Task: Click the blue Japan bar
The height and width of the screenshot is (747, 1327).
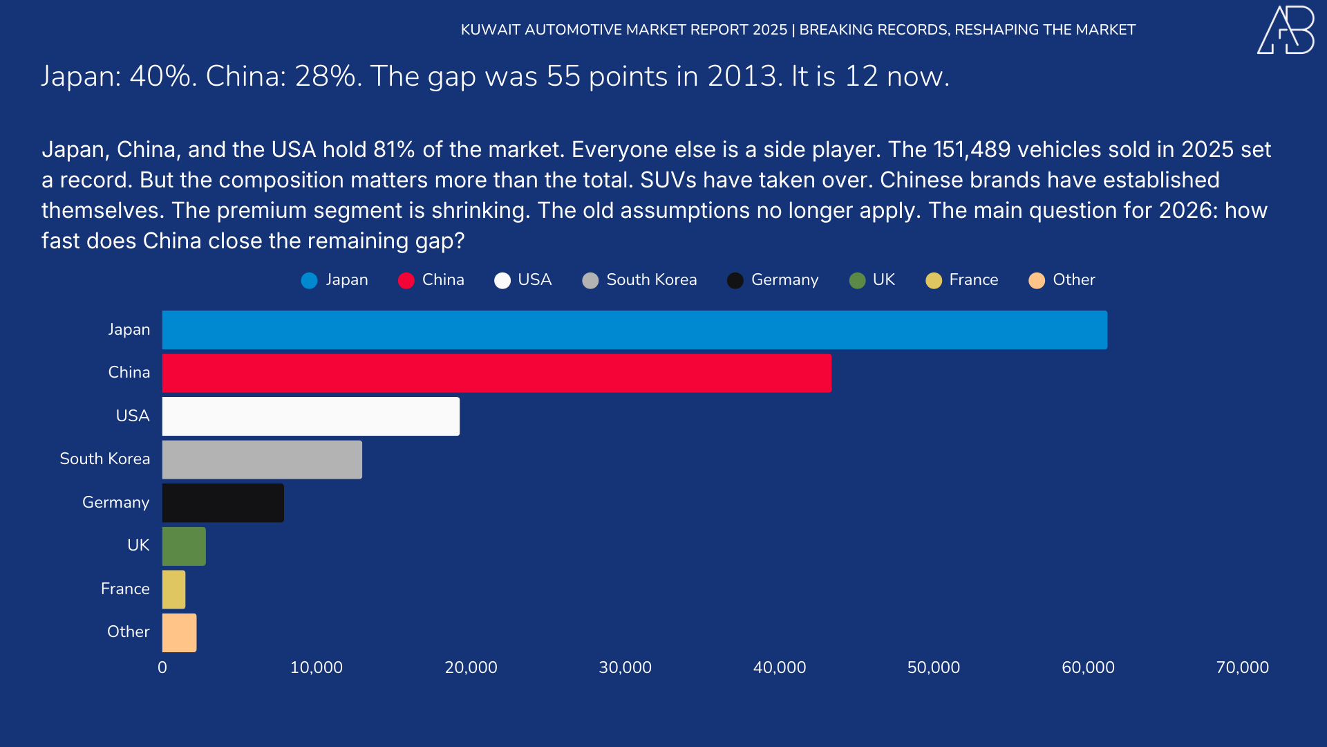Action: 634,330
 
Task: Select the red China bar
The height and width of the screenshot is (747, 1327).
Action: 496,373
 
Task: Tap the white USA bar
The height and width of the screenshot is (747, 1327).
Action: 310,416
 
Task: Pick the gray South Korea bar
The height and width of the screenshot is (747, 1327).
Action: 262,460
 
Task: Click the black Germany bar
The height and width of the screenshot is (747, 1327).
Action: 223,503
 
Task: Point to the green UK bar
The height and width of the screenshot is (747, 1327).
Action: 184,546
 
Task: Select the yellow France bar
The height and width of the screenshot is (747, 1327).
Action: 173,589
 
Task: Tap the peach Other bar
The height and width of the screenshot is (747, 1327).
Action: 179,633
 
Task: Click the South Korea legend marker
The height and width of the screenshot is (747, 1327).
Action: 590,280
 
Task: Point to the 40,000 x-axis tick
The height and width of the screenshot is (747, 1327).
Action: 779,667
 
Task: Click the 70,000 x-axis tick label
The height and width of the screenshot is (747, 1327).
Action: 1242,667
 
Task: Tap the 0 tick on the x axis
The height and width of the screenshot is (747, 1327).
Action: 162,667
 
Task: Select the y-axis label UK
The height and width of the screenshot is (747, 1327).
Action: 138,546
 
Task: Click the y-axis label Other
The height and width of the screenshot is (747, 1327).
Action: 128,632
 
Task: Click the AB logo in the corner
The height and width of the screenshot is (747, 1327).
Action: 1286,30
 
